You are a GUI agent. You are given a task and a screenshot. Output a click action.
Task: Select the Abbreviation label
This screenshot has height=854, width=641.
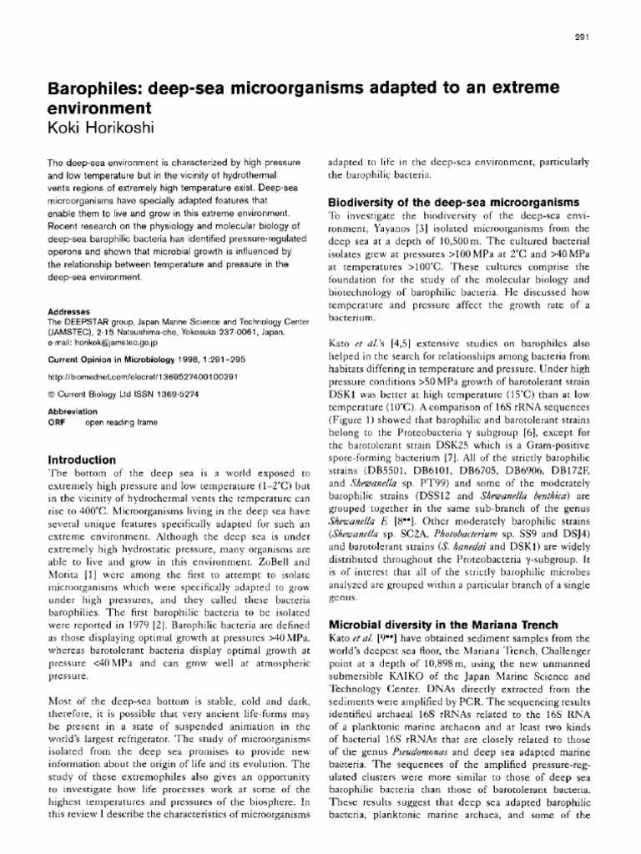pyautogui.click(x=73, y=412)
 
